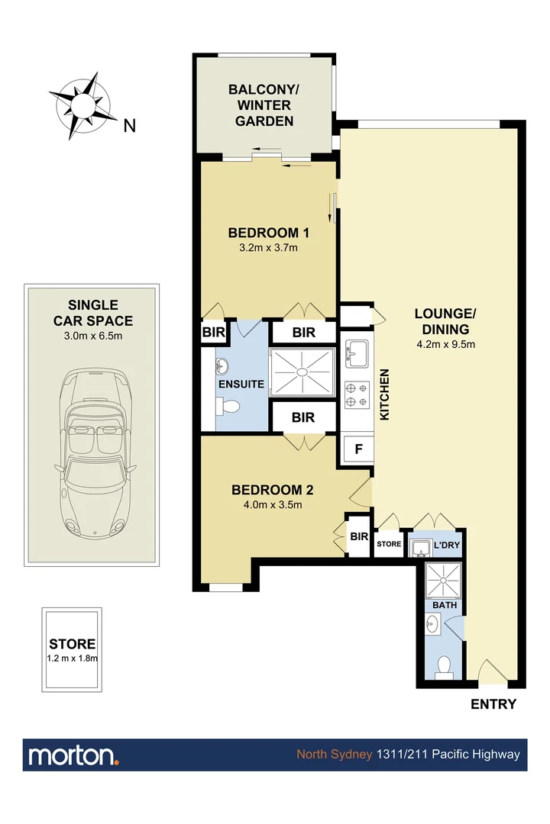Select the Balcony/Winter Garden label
tap(264, 105)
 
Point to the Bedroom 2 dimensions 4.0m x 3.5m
tap(273, 504)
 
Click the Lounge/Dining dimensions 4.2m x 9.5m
tap(445, 344)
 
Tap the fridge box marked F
tap(357, 449)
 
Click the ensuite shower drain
tap(303, 372)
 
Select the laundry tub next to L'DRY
tap(419, 546)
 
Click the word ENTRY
tap(493, 704)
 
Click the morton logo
tap(73, 755)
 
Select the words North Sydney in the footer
tap(335, 755)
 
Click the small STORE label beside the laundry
tap(388, 545)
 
